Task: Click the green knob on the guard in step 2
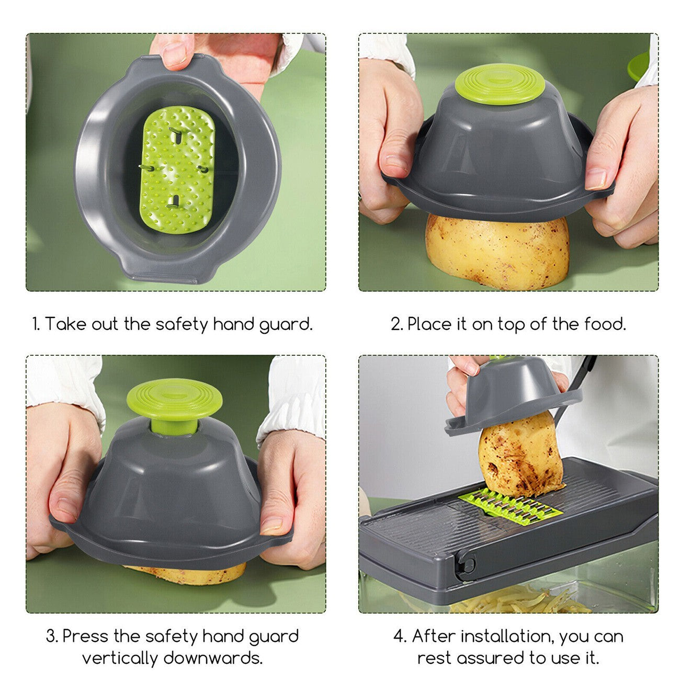(x=500, y=84)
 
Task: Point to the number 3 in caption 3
(x=51, y=637)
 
